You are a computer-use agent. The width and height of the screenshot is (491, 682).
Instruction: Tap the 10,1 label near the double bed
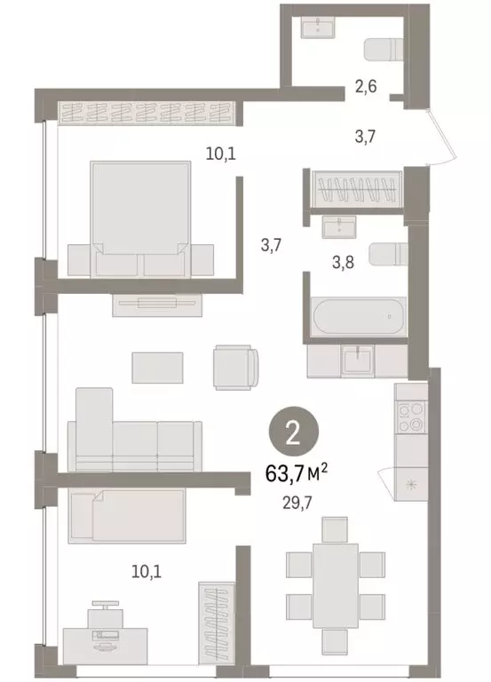219,153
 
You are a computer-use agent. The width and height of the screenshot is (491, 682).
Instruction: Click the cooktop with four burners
411,416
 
